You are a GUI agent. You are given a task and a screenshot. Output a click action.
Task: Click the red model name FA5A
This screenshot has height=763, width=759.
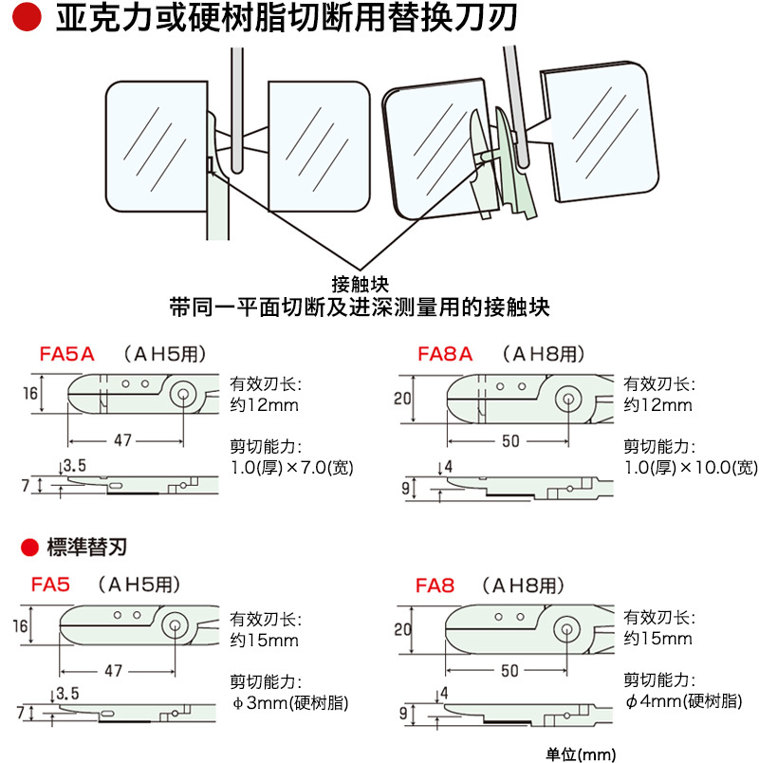tap(67, 355)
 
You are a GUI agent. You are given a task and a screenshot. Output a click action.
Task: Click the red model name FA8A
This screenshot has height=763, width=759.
tap(445, 355)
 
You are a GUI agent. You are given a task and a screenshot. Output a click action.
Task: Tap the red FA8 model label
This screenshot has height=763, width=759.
tap(435, 585)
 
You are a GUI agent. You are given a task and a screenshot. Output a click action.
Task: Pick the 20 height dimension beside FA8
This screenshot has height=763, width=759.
tap(401, 628)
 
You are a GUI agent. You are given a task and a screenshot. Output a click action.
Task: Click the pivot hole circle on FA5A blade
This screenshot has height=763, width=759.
tap(180, 394)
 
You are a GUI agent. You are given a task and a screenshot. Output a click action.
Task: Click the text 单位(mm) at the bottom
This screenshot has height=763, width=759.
tap(582, 754)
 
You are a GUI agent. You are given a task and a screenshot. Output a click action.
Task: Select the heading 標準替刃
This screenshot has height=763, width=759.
tap(86, 547)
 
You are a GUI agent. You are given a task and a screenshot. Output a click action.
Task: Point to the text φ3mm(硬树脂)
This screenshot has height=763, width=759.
tap(289, 703)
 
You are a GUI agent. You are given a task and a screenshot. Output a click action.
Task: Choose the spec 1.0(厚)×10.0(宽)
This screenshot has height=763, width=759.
tap(690, 467)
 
